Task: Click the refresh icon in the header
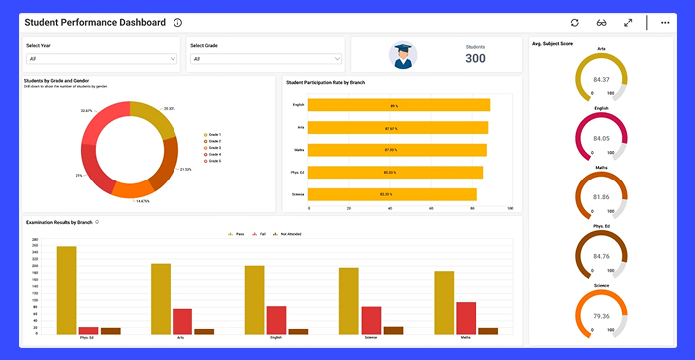574,22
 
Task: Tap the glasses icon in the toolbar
601,22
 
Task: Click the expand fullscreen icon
628,22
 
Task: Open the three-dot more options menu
665,22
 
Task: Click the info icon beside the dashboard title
177,22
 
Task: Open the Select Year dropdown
102,59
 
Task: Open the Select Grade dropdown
266,59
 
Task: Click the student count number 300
475,59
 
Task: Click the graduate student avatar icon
402,56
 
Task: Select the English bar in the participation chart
398,105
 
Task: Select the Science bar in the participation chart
392,194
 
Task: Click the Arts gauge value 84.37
601,79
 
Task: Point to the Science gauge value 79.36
601,316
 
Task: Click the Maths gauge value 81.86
601,197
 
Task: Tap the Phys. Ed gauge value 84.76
601,256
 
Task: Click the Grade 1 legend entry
212,134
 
